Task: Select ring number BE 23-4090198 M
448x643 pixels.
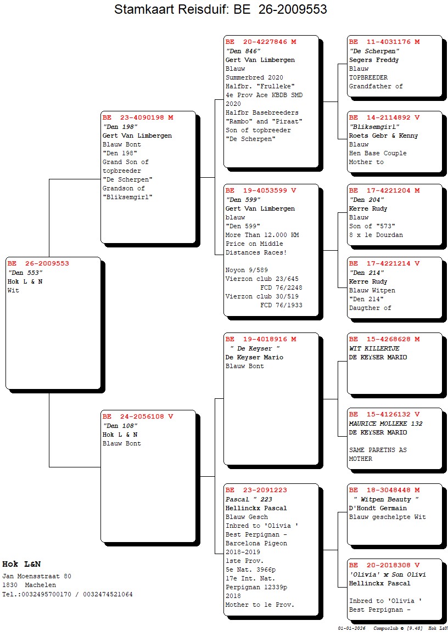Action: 138,117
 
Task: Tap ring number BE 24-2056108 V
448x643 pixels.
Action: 138,416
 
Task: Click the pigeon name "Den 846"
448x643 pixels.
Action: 243,51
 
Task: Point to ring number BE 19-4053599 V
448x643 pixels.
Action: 261,190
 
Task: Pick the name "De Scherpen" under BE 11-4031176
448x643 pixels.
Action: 374,51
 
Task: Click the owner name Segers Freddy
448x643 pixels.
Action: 374,60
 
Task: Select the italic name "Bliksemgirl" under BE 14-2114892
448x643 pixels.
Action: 374,127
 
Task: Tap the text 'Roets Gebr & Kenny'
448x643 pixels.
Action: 383,136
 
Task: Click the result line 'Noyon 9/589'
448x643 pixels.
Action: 247,270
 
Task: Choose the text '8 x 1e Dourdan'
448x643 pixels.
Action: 376,235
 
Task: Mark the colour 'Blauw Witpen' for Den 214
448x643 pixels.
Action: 372,290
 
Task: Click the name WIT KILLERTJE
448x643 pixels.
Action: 374,348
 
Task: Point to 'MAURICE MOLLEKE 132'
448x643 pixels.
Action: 385,424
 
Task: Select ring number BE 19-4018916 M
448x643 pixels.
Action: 261,339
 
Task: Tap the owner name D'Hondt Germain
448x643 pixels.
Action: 378,508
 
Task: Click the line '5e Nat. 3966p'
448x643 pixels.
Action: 251,569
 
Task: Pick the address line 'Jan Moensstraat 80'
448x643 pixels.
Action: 37,576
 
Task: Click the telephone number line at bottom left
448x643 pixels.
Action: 68,594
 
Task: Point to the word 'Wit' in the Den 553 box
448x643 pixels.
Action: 13,290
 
